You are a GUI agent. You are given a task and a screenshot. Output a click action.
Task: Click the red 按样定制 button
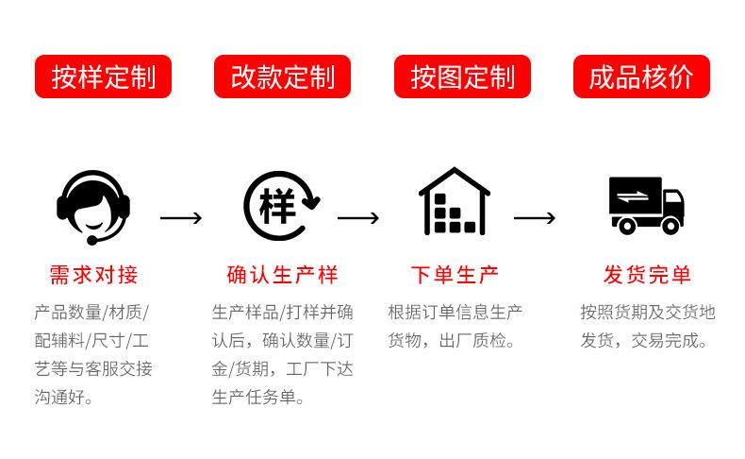(103, 76)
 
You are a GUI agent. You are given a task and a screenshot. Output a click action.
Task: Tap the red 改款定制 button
(282, 76)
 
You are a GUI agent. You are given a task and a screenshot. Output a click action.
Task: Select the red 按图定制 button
(462, 76)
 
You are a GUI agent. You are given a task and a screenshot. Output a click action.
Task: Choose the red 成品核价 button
(641, 76)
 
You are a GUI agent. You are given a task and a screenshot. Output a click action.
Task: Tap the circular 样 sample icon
(280, 205)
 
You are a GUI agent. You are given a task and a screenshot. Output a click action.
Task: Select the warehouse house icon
(454, 202)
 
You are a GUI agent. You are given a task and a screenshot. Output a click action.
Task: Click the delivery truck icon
(645, 205)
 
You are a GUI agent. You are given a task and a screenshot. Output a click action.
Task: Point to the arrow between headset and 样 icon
(181, 218)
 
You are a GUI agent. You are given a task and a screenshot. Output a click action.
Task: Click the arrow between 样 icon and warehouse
(358, 218)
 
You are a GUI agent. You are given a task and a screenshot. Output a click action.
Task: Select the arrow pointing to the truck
(535, 218)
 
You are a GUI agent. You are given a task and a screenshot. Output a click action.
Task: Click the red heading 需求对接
(93, 275)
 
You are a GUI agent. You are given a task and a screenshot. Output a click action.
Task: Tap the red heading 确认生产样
(282, 275)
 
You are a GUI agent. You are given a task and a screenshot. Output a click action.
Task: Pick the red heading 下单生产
(454, 275)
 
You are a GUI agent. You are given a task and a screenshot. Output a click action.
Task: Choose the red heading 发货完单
(647, 275)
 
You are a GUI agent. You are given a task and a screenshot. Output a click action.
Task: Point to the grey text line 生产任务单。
(258, 398)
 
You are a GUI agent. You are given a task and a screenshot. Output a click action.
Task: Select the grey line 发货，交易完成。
(644, 340)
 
